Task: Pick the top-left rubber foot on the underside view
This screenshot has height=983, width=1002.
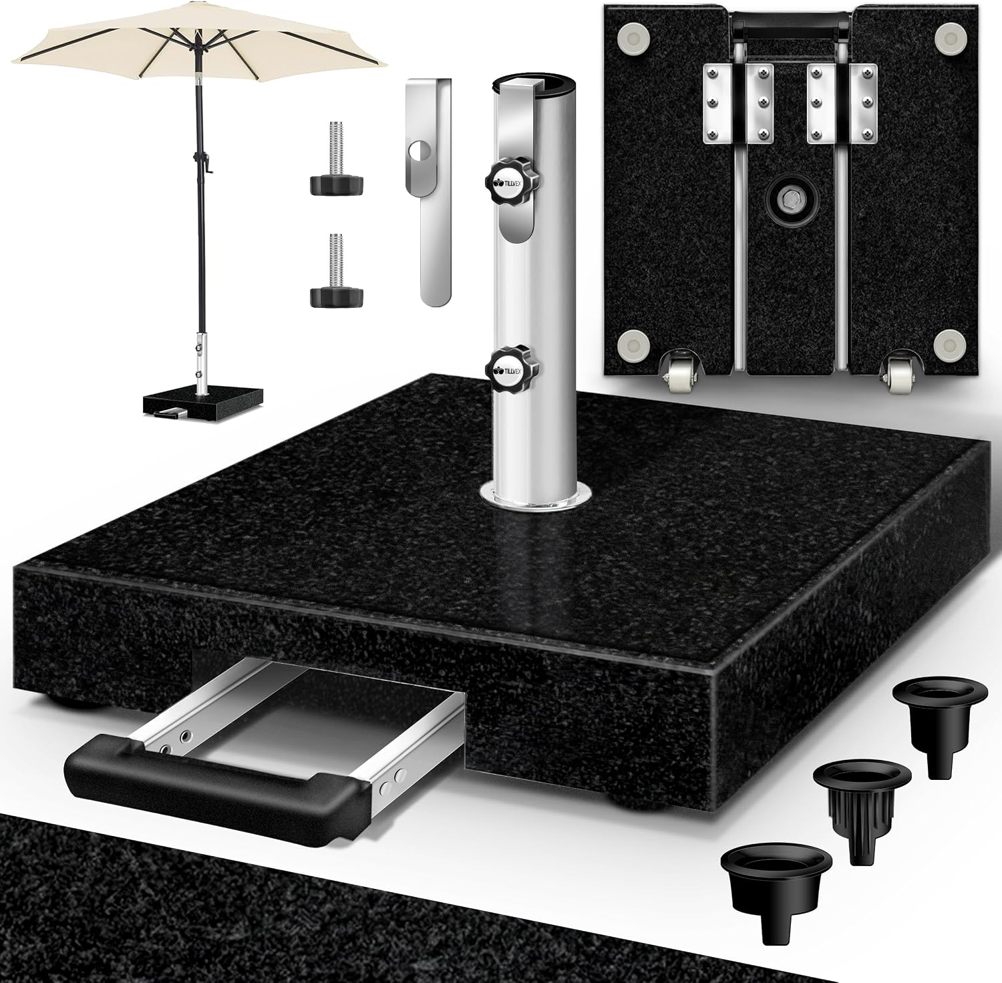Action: point(634,37)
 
